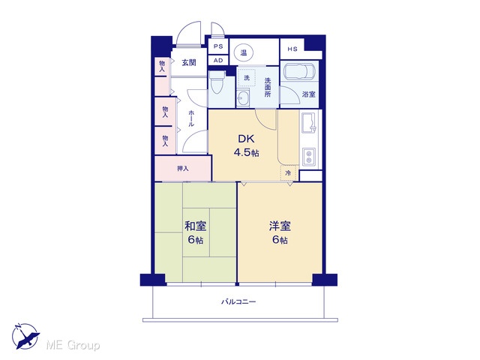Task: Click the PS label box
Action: tap(218, 46)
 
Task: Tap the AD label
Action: tap(218, 61)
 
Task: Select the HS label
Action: tap(292, 49)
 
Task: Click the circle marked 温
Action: tap(244, 53)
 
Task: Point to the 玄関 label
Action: tap(189, 63)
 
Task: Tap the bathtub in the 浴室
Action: tap(299, 72)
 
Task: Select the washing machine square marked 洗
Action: tap(247, 78)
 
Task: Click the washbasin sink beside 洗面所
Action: tap(243, 98)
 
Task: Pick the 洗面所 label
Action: tap(268, 88)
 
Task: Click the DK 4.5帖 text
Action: tap(247, 145)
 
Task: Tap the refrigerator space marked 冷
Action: tap(289, 173)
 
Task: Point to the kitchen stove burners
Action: tap(309, 157)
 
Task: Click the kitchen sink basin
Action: tap(308, 123)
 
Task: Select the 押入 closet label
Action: tap(183, 168)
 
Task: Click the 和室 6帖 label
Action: tap(195, 232)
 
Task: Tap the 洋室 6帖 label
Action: tap(280, 232)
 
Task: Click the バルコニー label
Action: tap(238, 301)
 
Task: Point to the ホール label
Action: tap(191, 118)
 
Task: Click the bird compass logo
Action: tap(25, 336)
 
